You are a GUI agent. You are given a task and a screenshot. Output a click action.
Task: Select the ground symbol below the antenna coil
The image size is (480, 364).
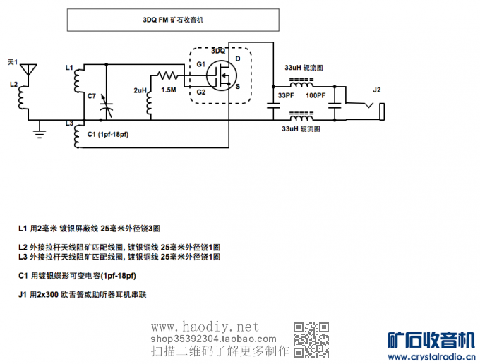click(42, 129)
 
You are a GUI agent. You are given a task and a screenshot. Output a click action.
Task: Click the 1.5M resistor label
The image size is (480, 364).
click(169, 90)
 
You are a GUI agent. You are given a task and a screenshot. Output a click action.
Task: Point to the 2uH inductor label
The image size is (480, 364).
click(140, 90)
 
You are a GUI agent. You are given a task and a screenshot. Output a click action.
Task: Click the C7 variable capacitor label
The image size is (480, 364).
click(92, 95)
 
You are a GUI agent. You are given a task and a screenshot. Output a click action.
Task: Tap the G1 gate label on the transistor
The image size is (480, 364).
click(201, 64)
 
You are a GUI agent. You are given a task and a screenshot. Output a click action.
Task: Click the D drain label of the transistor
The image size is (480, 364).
click(238, 59)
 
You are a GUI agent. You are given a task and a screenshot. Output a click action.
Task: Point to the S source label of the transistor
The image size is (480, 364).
click(238, 87)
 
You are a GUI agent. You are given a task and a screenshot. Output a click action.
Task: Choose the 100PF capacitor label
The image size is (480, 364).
click(316, 95)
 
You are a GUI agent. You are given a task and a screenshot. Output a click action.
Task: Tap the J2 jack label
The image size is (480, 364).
click(376, 90)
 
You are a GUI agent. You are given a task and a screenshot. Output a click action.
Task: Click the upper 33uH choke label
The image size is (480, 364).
click(304, 68)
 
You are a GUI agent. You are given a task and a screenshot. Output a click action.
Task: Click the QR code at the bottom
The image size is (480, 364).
click(311, 339)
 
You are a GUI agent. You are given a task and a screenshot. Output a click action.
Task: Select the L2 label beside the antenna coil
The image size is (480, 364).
click(13, 84)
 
